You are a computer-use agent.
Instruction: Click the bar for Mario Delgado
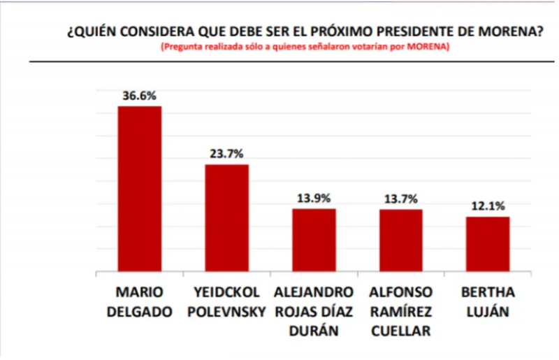[x=139, y=189]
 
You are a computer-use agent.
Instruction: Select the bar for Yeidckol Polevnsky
[x=226, y=217]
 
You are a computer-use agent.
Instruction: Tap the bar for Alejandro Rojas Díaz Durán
[x=314, y=240]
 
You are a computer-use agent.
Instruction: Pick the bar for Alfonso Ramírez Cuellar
[x=401, y=240]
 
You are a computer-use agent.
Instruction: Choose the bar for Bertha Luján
[x=488, y=243]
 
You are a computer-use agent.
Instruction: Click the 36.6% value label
[x=139, y=97]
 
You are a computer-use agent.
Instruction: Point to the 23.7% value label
[x=226, y=154]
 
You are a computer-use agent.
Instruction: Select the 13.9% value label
[x=314, y=199]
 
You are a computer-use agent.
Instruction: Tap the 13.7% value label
[x=401, y=199]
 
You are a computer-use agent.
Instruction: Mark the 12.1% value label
[x=488, y=206]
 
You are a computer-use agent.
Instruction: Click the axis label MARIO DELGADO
[x=139, y=301]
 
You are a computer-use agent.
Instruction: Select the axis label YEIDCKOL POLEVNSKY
[x=227, y=301]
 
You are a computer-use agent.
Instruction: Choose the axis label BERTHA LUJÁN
[x=488, y=301]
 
